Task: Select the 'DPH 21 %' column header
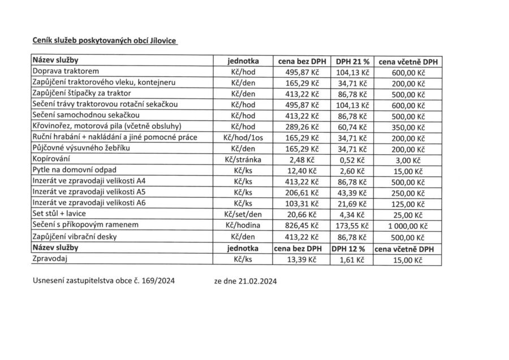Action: click(348, 61)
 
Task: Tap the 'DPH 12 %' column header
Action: click(348, 249)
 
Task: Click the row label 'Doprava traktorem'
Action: click(66, 72)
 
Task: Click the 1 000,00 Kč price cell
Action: click(407, 225)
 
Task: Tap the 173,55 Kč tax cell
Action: click(348, 225)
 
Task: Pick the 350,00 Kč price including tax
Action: click(407, 127)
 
